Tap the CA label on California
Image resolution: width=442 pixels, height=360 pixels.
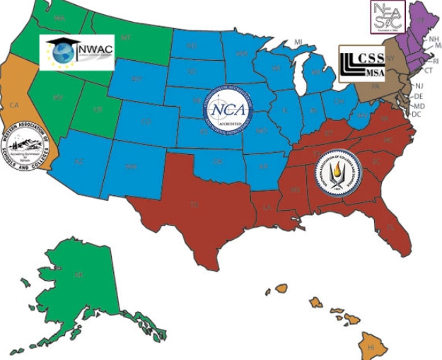pyautogui.click(x=13, y=105)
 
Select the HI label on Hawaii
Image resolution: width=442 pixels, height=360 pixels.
pyautogui.click(x=370, y=347)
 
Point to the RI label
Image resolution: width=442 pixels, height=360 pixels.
pyautogui.click(x=435, y=62)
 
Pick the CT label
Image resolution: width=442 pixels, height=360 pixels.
pyautogui.click(x=427, y=71)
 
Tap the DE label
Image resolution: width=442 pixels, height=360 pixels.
pyautogui.click(x=418, y=96)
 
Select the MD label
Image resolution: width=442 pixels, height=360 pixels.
pyautogui.click(x=418, y=105)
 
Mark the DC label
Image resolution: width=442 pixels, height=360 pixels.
pyautogui.click(x=417, y=114)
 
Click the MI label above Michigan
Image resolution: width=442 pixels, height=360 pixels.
pyautogui.click(x=298, y=43)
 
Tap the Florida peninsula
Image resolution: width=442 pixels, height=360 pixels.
pyautogui.click(x=388, y=226)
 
